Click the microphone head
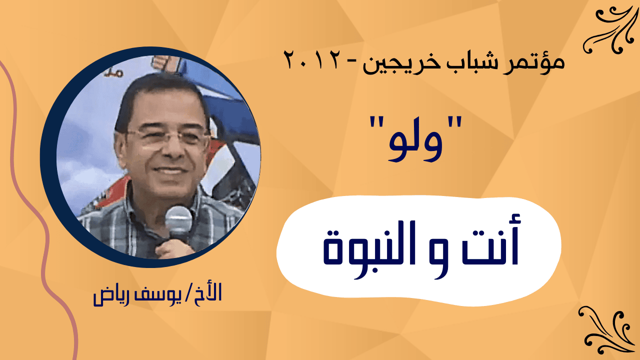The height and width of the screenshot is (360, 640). [178, 220]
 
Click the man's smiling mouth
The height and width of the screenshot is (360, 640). [170, 170]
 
